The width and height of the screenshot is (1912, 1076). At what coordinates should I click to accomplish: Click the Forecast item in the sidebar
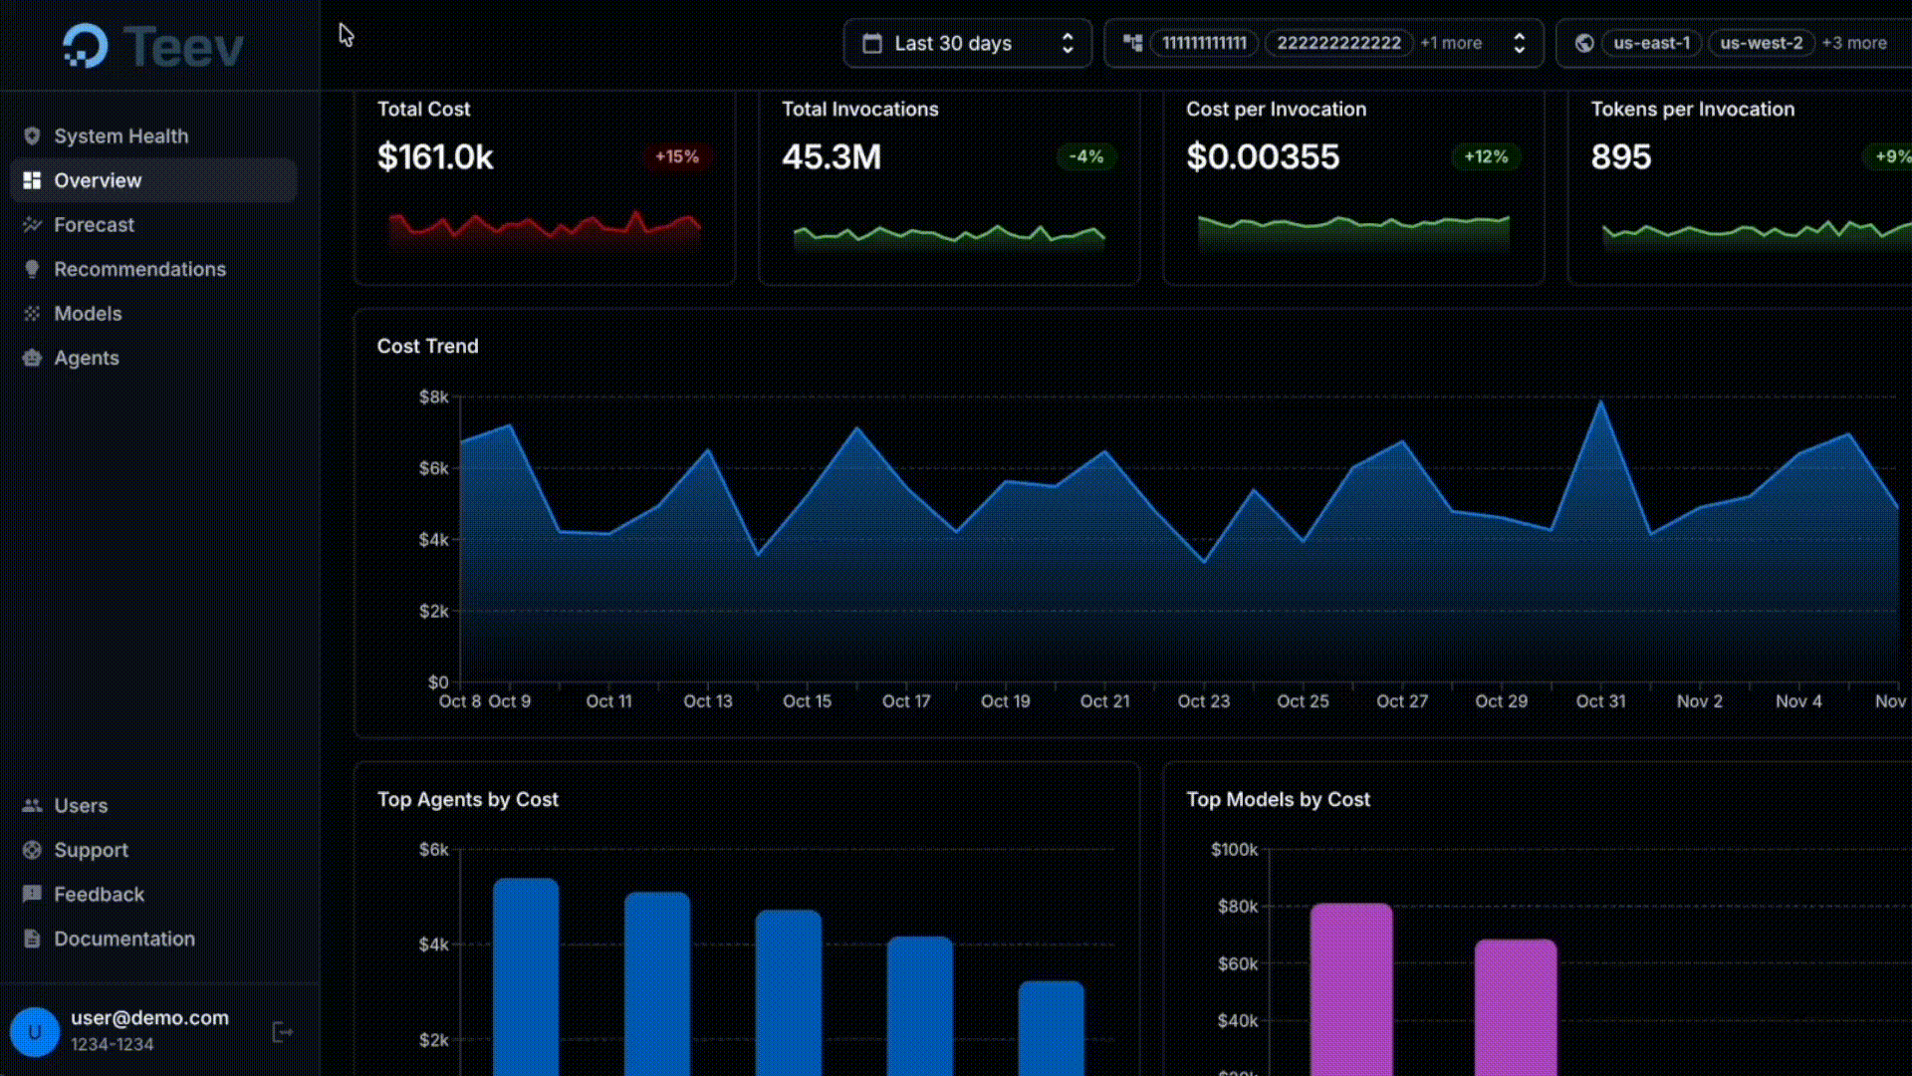[x=94, y=225]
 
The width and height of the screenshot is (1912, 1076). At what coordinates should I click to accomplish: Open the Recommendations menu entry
[x=139, y=269]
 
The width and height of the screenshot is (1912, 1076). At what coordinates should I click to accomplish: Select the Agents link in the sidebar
[x=86, y=358]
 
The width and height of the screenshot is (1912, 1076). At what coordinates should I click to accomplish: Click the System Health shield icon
[x=32, y=136]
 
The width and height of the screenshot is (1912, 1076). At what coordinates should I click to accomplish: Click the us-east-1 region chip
[x=1651, y=44]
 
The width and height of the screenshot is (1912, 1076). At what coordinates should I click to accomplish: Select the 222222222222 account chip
[x=1338, y=44]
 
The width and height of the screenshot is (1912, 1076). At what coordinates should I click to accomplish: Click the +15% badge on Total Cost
[x=676, y=157]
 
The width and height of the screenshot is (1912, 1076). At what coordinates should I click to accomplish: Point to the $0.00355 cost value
[x=1263, y=157]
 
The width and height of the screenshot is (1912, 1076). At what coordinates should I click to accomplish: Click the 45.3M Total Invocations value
[x=832, y=157]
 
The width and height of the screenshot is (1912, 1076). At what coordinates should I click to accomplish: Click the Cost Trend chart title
[x=427, y=347]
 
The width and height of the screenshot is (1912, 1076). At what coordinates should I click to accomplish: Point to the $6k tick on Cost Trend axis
[x=433, y=468]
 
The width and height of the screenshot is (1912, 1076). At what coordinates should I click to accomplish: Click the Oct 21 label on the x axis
[x=1104, y=701]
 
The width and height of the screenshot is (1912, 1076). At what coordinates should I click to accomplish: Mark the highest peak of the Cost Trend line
[x=1600, y=402]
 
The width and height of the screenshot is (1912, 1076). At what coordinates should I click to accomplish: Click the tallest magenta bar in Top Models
[x=1350, y=986]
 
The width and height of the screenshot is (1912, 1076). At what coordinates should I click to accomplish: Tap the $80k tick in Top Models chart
[x=1237, y=907]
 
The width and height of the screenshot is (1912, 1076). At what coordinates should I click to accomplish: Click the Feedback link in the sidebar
[x=99, y=895]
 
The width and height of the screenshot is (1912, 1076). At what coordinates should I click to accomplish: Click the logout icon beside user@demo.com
[x=282, y=1032]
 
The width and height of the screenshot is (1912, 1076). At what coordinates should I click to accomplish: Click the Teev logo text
[x=183, y=47]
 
